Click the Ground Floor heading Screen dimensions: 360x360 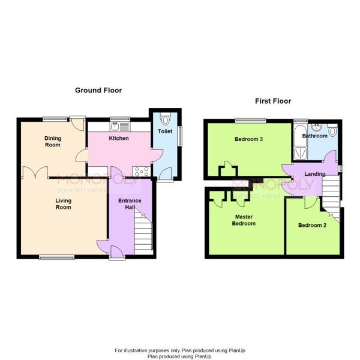tap(98, 91)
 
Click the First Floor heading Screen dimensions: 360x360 tap(273, 101)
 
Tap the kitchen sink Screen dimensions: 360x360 tap(120, 126)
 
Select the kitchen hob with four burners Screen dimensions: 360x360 tap(142, 172)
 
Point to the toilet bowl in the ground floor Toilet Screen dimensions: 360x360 tap(165, 119)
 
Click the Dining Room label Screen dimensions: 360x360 tap(53, 142)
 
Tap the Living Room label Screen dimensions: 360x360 tap(64, 204)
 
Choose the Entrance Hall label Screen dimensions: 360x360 tap(130, 204)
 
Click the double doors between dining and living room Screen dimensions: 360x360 tap(35, 172)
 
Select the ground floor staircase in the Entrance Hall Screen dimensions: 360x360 tap(143, 231)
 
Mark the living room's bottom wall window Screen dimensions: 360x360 tap(57, 257)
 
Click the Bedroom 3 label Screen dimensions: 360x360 tap(248, 139)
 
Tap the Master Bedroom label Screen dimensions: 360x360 tap(244, 220)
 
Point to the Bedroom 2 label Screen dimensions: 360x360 tap(312, 225)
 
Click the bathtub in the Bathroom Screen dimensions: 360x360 tap(301, 142)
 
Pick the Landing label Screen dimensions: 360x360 tap(315, 174)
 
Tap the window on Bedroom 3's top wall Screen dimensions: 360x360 tap(250, 121)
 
